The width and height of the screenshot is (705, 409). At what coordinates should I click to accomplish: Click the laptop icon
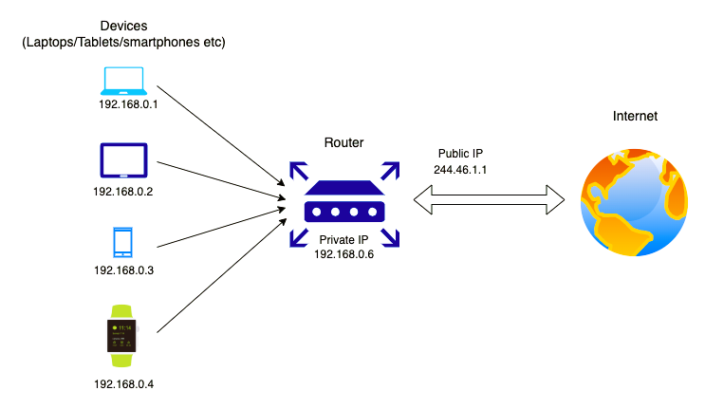point(124,81)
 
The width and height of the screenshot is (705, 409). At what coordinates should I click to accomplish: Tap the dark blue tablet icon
point(124,160)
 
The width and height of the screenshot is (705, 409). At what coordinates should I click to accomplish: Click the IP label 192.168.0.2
point(123,191)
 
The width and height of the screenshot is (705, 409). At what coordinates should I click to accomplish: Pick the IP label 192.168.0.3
point(123,270)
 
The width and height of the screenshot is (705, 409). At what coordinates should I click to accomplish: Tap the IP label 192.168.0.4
point(123,385)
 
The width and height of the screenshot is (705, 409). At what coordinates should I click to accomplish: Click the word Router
point(344,142)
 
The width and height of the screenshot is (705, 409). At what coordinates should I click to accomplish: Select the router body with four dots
point(344,205)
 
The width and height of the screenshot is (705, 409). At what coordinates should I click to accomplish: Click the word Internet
point(636,116)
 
